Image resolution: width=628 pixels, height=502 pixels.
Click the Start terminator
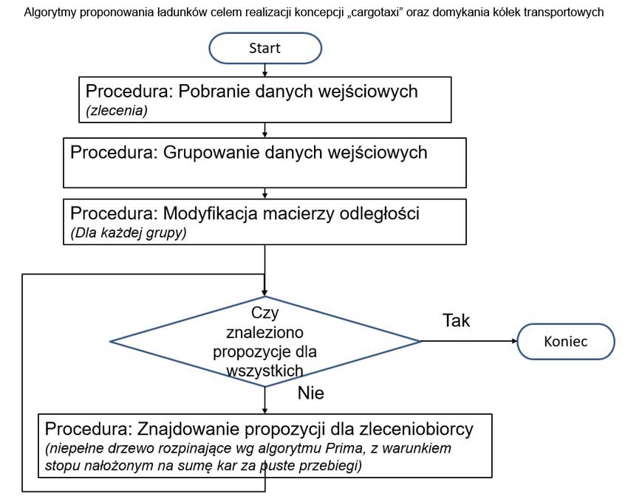264,49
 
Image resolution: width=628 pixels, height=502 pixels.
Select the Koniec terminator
565,341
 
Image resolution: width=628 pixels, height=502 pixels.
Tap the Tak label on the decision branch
456,320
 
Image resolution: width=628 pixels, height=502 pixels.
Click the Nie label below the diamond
310,393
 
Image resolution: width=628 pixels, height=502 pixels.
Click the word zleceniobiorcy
410,429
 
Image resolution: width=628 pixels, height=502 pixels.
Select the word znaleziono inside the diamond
264,332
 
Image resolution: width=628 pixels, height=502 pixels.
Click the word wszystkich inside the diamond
264,370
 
